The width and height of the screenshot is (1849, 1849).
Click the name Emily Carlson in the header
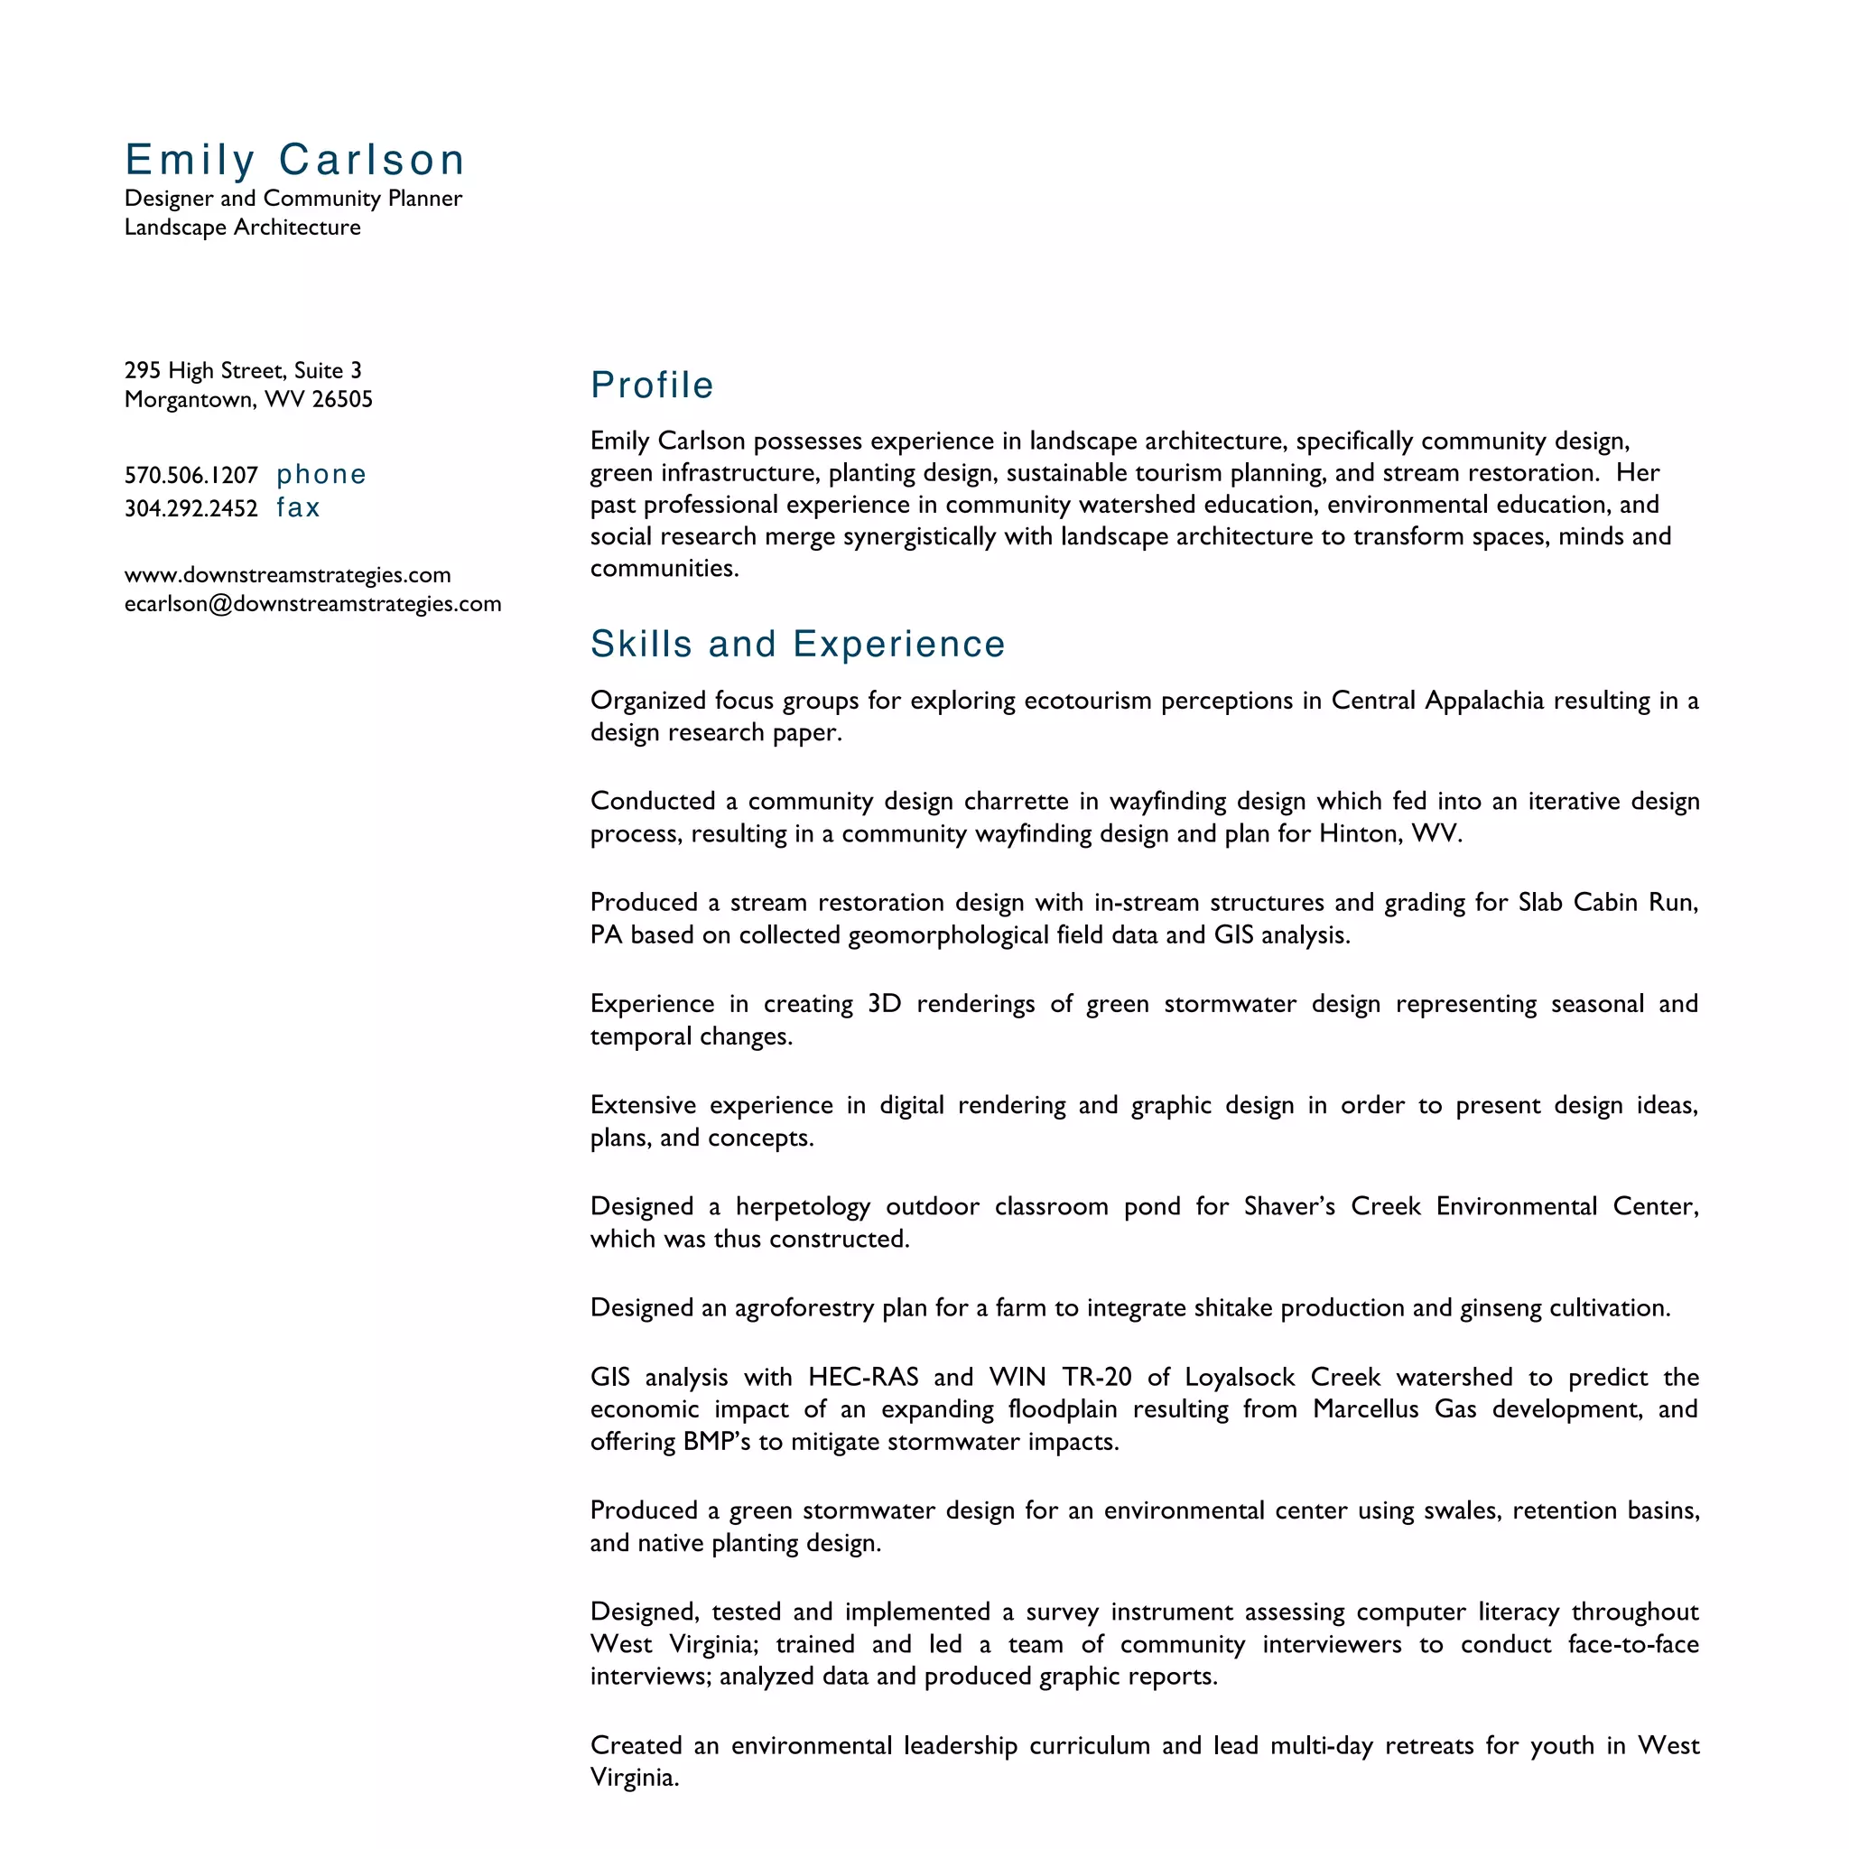coord(294,160)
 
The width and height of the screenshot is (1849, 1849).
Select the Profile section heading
coord(652,385)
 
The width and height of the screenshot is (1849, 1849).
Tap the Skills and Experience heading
coord(797,644)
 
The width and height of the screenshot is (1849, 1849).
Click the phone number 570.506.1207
coord(191,476)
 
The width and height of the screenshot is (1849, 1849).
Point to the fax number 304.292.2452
coord(191,508)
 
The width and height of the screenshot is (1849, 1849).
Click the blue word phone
coord(321,475)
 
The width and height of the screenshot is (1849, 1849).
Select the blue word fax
coord(298,507)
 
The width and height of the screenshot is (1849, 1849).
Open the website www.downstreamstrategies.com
coord(287,575)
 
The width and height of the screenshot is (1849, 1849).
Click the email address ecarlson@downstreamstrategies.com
coord(313,604)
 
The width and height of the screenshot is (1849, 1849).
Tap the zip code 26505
coord(341,399)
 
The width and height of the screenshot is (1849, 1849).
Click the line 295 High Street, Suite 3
coord(243,370)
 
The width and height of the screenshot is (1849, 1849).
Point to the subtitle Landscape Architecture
coord(242,227)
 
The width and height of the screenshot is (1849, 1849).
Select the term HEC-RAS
coord(862,1377)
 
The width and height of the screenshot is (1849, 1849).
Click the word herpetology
coord(803,1207)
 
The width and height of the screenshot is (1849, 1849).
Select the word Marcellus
coord(1366,1408)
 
